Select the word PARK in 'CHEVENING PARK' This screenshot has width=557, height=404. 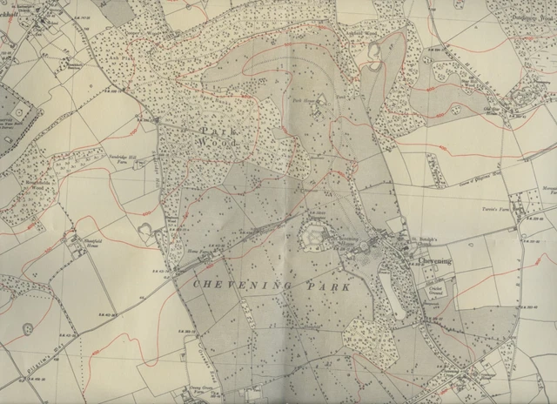coord(309,286)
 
